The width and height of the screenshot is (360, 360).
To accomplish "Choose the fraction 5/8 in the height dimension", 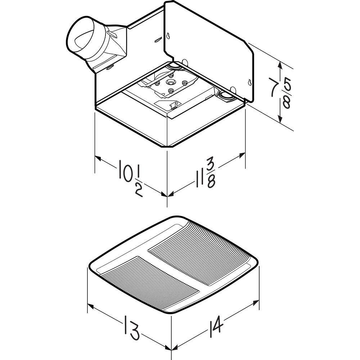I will coord(287,93).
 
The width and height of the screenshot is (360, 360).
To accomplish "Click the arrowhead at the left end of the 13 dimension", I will coord(90,306).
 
